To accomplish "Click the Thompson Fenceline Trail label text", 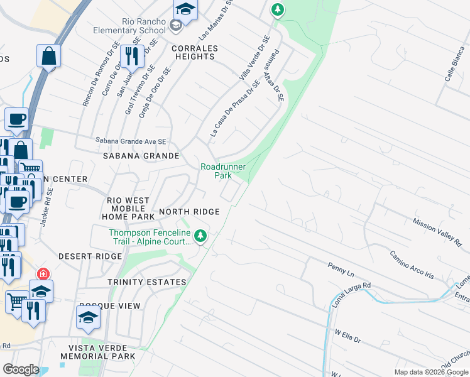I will click(150, 237).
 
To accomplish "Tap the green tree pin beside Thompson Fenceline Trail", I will click(200, 236).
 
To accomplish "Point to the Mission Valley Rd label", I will click(437, 232).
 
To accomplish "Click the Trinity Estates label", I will click(146, 282).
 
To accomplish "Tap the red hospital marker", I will click(43, 275).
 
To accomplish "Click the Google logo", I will click(21, 369).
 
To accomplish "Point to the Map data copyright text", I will click(430, 372).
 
